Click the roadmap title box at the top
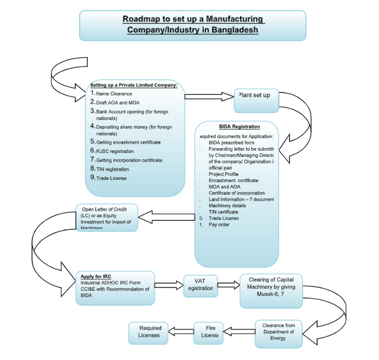(x=192, y=25)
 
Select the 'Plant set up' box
(x=256, y=100)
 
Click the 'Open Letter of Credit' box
(x=107, y=217)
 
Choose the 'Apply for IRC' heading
(x=96, y=276)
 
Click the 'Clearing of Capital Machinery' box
(x=271, y=290)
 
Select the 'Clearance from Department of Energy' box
(x=278, y=334)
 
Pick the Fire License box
(x=208, y=332)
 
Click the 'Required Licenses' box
(x=150, y=332)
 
